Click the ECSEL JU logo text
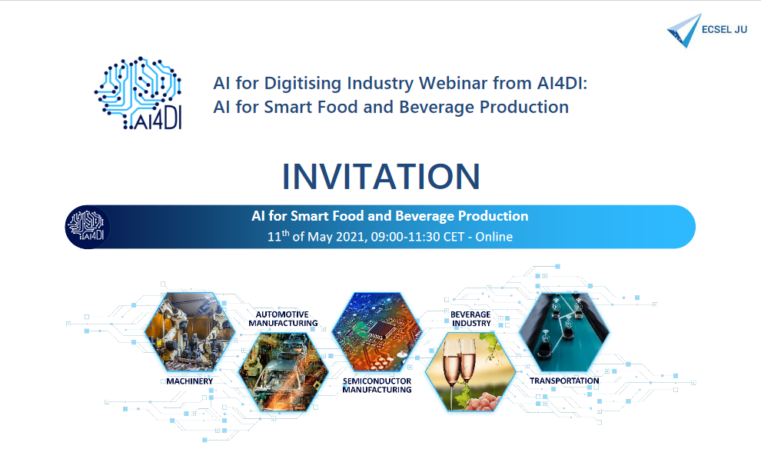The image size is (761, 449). (725, 31)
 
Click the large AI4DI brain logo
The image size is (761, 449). (138, 92)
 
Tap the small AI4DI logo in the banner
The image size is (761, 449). (88, 228)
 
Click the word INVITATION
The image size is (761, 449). (380, 176)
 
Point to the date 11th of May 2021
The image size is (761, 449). (315, 237)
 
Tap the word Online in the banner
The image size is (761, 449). (493, 237)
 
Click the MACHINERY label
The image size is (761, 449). (189, 381)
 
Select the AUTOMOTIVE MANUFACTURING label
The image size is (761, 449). (283, 318)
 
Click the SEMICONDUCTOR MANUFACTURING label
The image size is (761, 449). (377, 385)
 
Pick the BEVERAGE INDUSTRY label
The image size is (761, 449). (470, 318)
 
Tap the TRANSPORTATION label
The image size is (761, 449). (563, 381)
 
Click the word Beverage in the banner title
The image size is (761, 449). (424, 216)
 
